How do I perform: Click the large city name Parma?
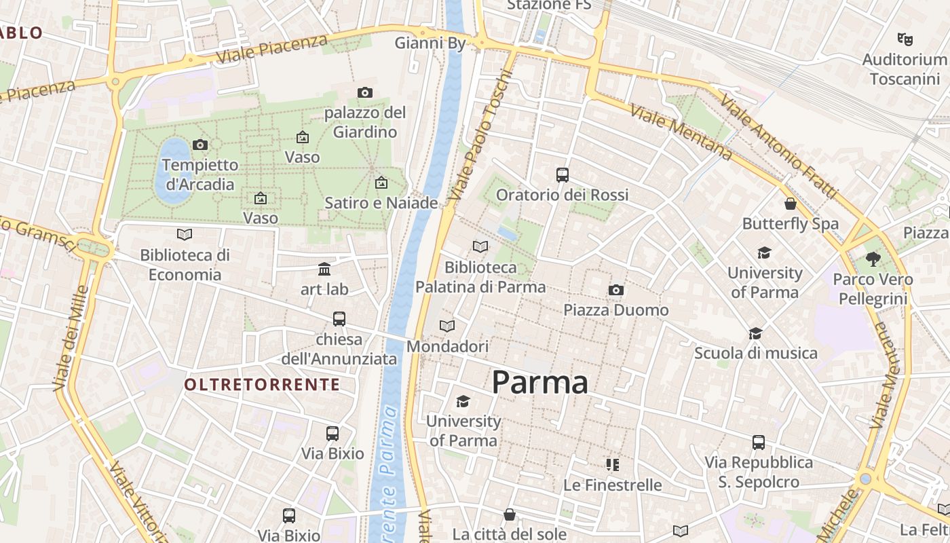[x=539, y=382]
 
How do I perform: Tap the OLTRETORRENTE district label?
[x=262, y=385]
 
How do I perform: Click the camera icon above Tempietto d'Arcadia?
[x=199, y=145]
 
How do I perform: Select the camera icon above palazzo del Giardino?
[x=365, y=92]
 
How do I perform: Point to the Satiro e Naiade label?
[x=381, y=202]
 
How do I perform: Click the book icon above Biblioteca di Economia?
[x=184, y=235]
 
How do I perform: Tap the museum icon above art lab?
[x=324, y=269]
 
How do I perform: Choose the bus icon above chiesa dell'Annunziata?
[x=339, y=319]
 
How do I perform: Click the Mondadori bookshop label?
[x=447, y=346]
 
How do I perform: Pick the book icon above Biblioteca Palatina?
[x=480, y=247]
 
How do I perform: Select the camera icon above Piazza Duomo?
[x=615, y=291]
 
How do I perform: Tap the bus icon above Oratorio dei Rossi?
[x=562, y=175]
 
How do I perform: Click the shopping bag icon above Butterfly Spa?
[x=790, y=204]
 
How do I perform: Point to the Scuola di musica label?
[x=755, y=353]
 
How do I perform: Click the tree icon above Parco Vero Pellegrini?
[x=873, y=259]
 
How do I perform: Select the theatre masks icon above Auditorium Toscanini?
[x=904, y=39]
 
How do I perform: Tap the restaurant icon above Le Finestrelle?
[x=612, y=465]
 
